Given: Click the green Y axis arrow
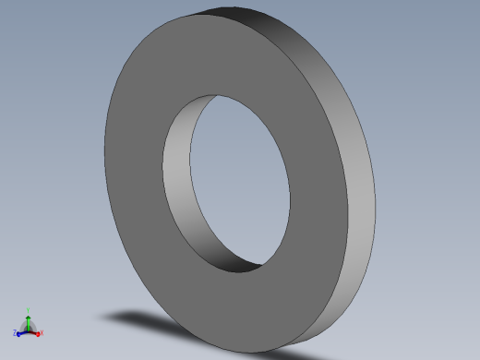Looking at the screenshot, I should [29, 319].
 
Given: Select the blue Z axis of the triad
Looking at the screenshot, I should [23, 330].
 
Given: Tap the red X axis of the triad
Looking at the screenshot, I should [34, 330].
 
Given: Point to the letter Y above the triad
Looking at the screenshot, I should [29, 309].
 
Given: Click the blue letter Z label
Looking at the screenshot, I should [15, 332].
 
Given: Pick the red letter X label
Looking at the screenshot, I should [42, 332].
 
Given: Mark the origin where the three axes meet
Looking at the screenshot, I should [29, 330].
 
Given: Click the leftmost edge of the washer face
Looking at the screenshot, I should [105, 166].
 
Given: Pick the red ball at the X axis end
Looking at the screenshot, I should [39, 331].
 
